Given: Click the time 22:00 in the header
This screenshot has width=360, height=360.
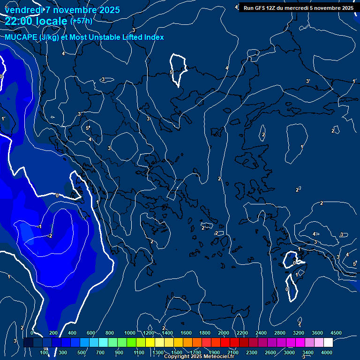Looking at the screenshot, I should pyautogui.click(x=20, y=21).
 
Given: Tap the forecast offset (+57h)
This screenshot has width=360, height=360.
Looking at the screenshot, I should pyautogui.click(x=81, y=21).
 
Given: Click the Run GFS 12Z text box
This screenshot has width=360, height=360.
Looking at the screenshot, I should pyautogui.click(x=298, y=8).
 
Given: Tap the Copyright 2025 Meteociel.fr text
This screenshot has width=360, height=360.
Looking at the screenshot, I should pyautogui.click(x=199, y=357).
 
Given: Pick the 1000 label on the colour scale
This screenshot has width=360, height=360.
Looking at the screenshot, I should pyautogui.click(x=130, y=333).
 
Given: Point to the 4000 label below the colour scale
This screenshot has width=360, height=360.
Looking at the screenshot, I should pyautogui.click(x=327, y=352).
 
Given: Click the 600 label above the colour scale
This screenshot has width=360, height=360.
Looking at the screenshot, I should pyautogui.click(x=91, y=333).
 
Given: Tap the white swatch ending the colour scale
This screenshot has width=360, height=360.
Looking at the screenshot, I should pyautogui.click(x=328, y=343).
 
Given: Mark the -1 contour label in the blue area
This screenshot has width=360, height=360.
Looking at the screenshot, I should pyautogui.click(x=39, y=226).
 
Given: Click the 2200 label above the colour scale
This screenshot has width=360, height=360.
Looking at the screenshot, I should pyautogui.click(x=242, y=333).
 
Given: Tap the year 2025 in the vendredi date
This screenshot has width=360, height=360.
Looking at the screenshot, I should pyautogui.click(x=109, y=10).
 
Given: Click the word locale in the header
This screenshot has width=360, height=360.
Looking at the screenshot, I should pyautogui.click(x=51, y=21).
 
